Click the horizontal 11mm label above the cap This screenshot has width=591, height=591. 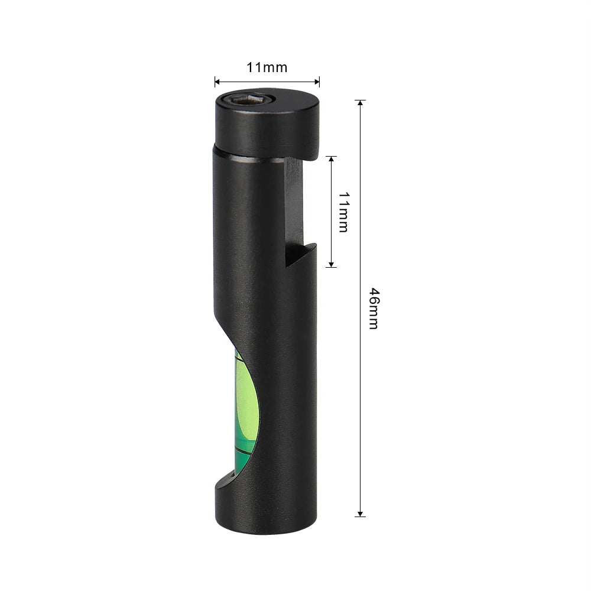[x=267, y=67]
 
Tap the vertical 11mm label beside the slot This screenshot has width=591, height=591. [x=343, y=212]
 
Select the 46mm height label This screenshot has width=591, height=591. [x=373, y=308]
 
